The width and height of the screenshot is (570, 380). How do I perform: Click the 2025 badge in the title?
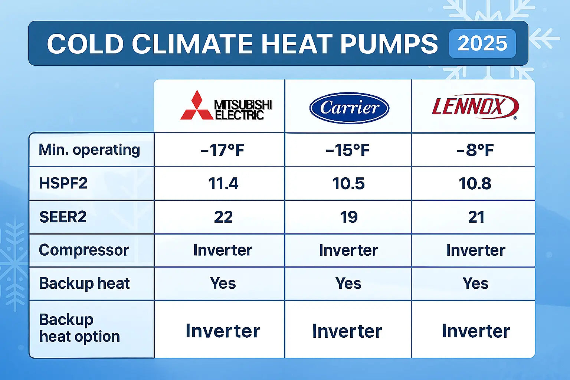(482, 44)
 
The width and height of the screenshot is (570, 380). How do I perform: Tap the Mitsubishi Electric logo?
(226, 106)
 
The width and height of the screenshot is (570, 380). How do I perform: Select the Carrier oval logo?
(349, 108)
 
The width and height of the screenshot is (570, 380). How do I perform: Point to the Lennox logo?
(475, 107)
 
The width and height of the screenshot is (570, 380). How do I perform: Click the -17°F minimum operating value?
(222, 150)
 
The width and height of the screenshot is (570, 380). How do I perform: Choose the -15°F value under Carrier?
(347, 150)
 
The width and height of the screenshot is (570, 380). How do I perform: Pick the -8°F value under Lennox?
(475, 150)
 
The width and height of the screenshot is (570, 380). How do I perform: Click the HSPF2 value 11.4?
(223, 184)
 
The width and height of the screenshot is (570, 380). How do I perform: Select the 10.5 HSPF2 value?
(348, 184)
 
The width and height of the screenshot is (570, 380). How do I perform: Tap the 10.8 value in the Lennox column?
(475, 184)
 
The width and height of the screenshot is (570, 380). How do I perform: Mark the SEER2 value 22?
(223, 217)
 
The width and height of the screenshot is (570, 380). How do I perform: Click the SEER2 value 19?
(348, 217)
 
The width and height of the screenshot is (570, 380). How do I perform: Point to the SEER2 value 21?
(476, 217)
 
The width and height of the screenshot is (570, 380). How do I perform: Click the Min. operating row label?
(89, 150)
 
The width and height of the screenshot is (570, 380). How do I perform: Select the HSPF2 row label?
(63, 183)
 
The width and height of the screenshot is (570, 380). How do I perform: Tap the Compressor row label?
(84, 250)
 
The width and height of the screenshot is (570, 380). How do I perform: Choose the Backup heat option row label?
(79, 328)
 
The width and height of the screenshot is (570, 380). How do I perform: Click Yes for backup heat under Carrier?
(348, 284)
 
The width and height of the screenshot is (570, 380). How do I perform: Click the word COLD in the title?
(85, 44)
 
